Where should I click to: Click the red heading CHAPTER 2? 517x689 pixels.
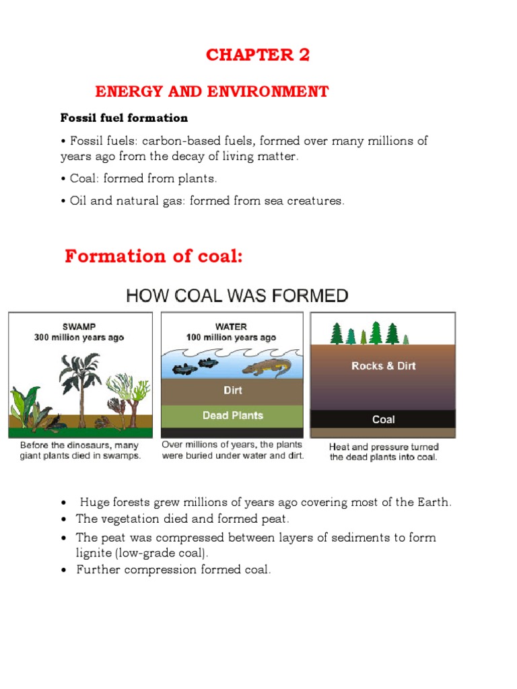coord(258,55)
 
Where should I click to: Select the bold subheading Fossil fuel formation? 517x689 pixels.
coord(124,118)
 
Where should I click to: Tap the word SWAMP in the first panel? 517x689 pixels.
coord(79,326)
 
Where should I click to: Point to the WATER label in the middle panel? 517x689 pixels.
coord(231,326)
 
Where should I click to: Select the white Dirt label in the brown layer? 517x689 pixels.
coord(232,390)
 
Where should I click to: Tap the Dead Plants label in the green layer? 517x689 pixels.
coord(232,415)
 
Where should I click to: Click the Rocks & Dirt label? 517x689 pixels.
coord(383,366)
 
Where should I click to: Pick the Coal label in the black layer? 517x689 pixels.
coord(383,419)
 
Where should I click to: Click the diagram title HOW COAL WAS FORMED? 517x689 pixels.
coord(238,295)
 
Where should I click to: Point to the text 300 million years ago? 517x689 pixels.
coord(79,337)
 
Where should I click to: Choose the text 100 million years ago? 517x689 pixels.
coord(231,337)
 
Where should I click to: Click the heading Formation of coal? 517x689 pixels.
coord(153,256)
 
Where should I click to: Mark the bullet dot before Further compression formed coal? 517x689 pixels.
coord(63,571)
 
